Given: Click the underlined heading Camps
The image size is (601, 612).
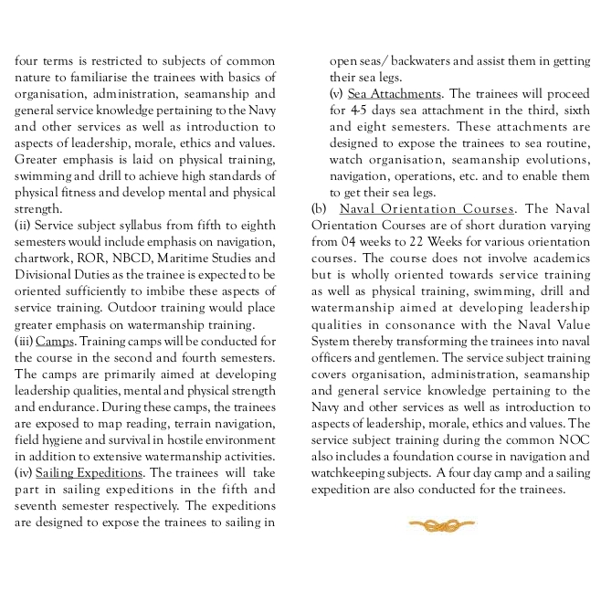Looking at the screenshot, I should click(x=55, y=342).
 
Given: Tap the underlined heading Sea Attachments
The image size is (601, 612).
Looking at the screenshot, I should click(x=395, y=93).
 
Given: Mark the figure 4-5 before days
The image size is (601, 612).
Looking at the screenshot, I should click(x=358, y=110).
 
